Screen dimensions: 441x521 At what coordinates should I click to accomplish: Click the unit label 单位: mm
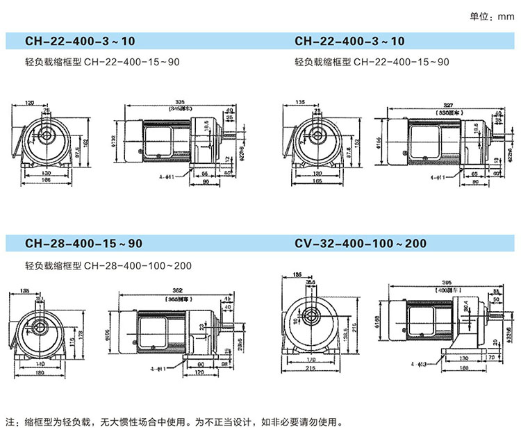[x=490, y=17]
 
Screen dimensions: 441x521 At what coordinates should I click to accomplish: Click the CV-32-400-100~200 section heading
[x=361, y=244]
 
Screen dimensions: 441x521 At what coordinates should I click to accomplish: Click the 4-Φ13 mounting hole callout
[x=418, y=363]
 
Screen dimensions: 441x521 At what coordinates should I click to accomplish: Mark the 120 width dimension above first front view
[x=30, y=103]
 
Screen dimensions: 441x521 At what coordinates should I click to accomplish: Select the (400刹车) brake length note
[x=445, y=289]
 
